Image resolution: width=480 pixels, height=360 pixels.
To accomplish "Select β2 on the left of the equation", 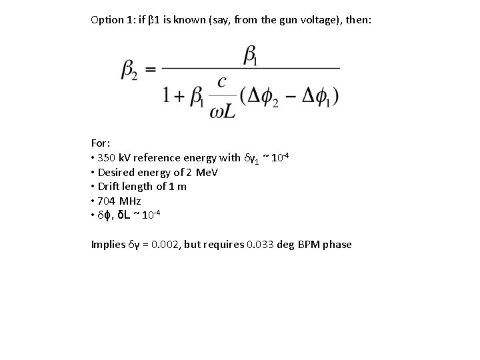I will point(129,70).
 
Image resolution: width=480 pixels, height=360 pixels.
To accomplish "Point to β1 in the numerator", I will point(251,56).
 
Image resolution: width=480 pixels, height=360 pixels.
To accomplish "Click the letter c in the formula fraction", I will point(222,81).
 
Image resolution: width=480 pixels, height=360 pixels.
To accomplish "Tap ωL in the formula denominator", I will point(222,111).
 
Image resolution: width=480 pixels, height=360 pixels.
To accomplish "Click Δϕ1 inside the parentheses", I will point(316,96).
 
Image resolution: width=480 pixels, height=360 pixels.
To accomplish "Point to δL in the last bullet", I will point(124,214).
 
